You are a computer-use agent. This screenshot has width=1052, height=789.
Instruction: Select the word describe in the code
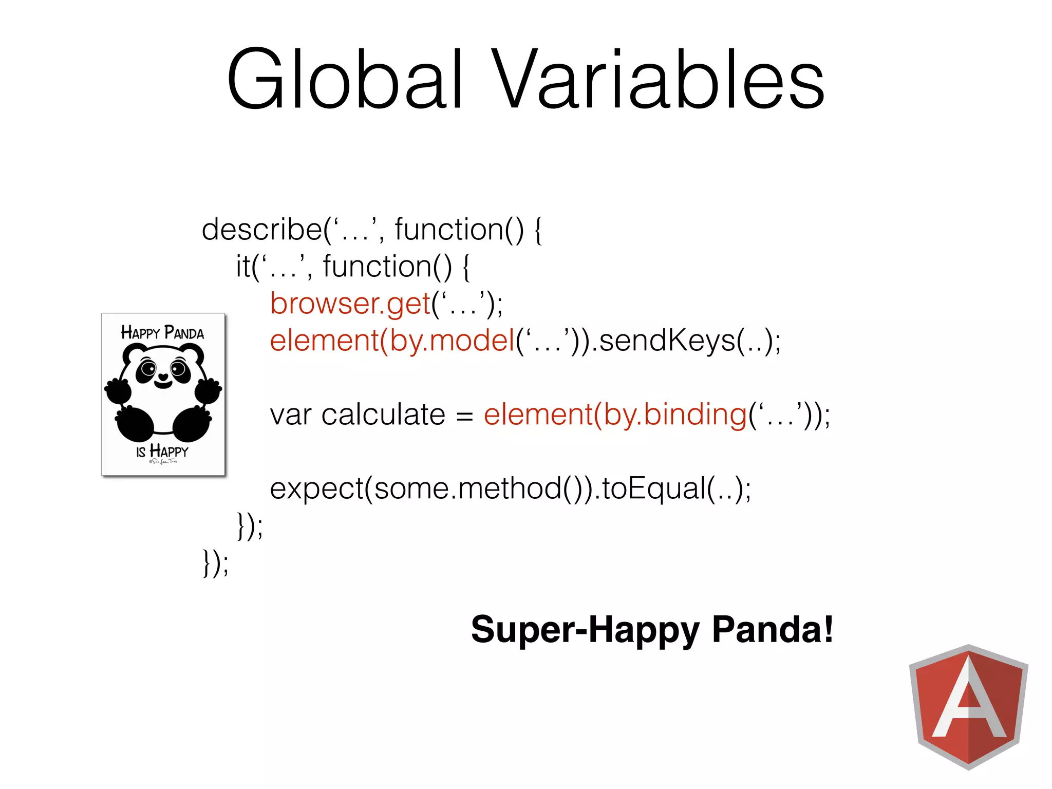click(x=261, y=230)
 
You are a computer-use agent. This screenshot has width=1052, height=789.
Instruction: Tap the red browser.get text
click(x=350, y=304)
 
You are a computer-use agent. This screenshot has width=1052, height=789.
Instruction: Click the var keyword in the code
click(x=291, y=415)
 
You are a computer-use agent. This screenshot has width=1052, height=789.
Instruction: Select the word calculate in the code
click(x=383, y=415)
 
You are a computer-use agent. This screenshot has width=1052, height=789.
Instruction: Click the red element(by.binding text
click(x=614, y=415)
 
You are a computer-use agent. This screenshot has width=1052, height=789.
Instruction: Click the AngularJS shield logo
click(x=968, y=706)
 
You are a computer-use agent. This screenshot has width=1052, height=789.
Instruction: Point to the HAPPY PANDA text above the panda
click(x=162, y=333)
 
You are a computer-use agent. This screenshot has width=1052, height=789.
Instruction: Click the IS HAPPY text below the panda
click(x=162, y=452)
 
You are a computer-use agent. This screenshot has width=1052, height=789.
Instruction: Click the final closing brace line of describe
click(x=215, y=563)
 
